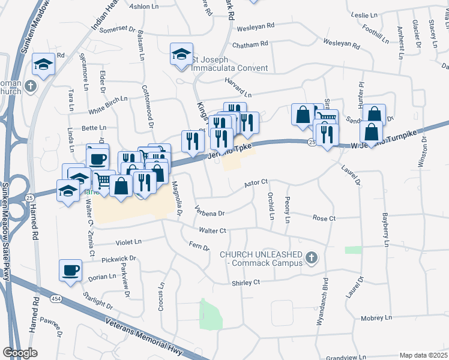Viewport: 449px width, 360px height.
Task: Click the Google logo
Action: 20,353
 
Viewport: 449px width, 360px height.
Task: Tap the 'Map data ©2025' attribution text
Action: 423,355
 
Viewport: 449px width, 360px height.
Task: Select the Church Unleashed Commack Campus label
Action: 262,259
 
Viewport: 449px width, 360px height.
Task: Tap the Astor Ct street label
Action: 256,183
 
